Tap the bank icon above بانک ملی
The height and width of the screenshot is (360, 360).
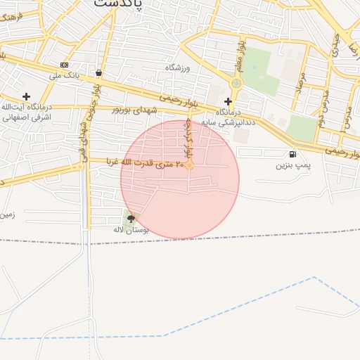click(x=65, y=65)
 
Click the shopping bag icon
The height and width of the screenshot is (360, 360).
click(x=98, y=72)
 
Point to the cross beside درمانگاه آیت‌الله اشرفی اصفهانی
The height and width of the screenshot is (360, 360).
click(x=26, y=96)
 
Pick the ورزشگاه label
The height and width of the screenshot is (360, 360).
click(x=178, y=67)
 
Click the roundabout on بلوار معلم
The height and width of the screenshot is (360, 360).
click(x=236, y=83)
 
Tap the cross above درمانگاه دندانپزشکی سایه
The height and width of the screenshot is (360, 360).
click(x=228, y=101)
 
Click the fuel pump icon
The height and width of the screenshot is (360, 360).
click(x=292, y=154)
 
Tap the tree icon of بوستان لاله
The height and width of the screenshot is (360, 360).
click(x=131, y=219)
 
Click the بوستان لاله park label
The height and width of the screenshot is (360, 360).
click(x=131, y=230)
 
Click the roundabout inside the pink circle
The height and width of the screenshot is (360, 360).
click(x=189, y=165)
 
